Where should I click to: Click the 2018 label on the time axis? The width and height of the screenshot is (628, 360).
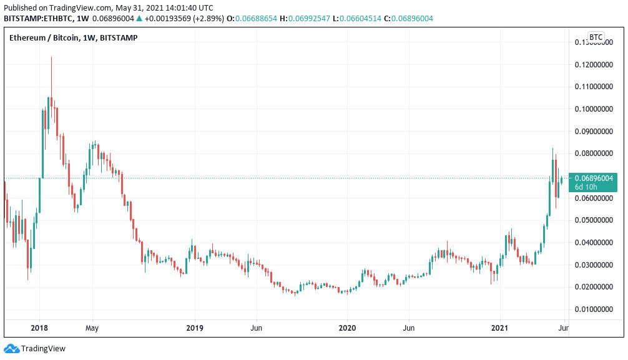(39, 328)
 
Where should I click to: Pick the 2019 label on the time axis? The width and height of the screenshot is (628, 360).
(195, 328)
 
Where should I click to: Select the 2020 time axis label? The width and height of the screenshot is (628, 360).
(347, 328)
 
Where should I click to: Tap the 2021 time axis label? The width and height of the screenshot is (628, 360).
(500, 328)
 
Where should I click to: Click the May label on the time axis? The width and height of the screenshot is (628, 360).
(92, 328)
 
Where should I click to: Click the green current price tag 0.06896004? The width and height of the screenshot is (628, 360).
(593, 178)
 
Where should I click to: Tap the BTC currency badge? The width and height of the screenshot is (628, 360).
(596, 37)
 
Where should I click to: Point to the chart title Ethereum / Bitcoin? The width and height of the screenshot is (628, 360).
(44, 38)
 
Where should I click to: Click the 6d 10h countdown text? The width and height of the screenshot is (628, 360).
(587, 187)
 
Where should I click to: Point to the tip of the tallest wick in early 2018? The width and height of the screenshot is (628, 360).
(51, 57)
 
